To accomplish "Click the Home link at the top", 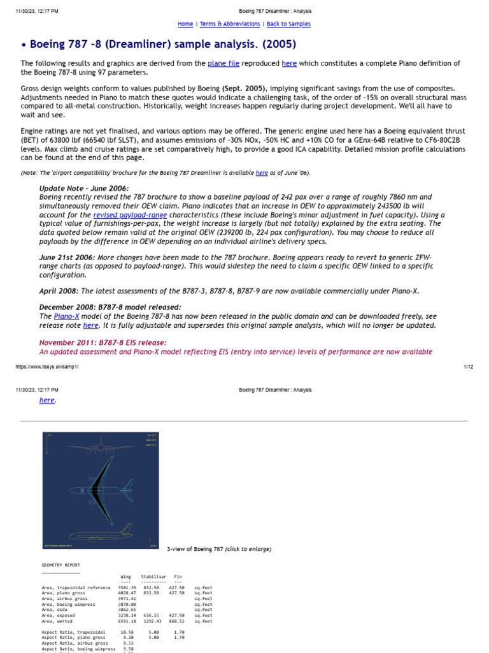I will (x=185, y=24).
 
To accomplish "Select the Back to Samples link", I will (x=288, y=24).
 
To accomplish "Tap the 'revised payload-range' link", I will (x=130, y=215).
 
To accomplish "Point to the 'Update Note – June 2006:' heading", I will (x=84, y=189).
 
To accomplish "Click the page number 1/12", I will (x=468, y=367).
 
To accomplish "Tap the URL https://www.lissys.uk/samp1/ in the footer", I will (x=47, y=367).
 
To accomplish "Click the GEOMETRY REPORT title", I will (x=61, y=565).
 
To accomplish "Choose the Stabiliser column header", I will (x=153, y=576).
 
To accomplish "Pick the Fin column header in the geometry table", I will (x=178, y=576).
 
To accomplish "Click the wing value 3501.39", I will (x=127, y=587).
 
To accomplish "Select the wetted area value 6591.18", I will (x=127, y=621).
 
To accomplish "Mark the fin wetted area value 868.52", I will (x=176, y=621).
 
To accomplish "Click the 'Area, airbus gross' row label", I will (x=68, y=599).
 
